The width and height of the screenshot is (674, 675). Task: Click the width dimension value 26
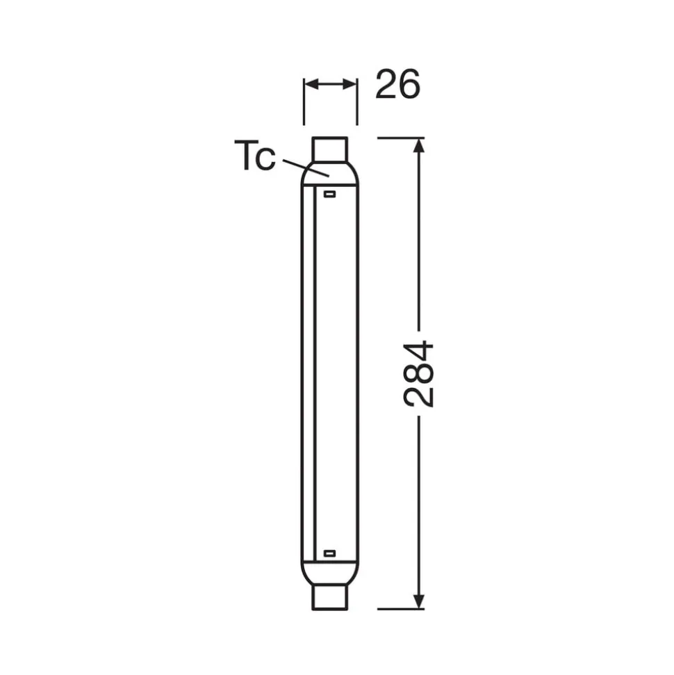point(397,84)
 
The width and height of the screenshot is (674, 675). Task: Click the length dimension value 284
point(418,374)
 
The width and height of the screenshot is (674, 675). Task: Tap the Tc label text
point(254,156)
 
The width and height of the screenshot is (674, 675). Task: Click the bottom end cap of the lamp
point(329,597)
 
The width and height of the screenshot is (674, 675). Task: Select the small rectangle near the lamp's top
point(329,194)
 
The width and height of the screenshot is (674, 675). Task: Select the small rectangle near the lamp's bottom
point(329,553)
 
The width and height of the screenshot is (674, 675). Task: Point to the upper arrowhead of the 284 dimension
point(419,145)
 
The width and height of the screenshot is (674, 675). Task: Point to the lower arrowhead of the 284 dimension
point(419,602)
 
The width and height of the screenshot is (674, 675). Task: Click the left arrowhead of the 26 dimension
point(311,84)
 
